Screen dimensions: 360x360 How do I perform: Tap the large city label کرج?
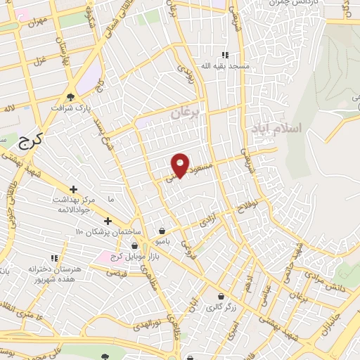click(x=30, y=140)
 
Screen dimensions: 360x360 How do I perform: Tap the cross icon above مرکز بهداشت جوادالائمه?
click(x=74, y=189)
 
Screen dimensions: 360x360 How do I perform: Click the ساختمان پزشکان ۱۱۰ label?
click(x=112, y=232)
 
